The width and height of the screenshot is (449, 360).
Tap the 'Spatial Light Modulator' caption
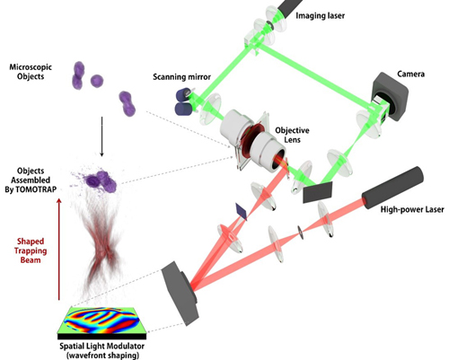pos(100,341)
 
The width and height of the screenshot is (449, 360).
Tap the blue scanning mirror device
pos(184,104)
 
